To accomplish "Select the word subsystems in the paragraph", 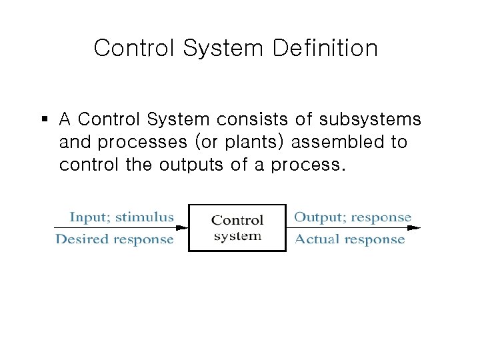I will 370,119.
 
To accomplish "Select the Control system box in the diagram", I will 237,227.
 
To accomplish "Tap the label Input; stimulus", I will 121,217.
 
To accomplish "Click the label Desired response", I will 115,239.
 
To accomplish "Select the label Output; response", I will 353,217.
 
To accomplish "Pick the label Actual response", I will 349,239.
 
